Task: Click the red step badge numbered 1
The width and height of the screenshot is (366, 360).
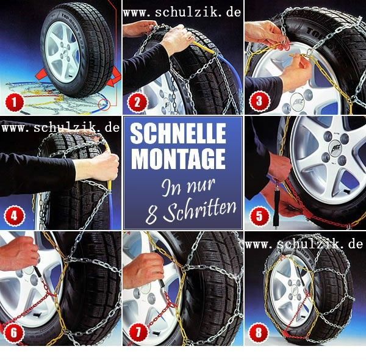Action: coord(15,102)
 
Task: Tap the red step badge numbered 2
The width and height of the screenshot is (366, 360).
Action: coord(138,102)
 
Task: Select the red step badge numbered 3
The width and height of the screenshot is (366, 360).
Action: coord(260,101)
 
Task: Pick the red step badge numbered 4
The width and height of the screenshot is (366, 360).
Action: coord(15,215)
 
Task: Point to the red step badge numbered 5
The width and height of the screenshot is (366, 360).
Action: coord(260,216)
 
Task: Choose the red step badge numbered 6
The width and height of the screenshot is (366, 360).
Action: coord(14,333)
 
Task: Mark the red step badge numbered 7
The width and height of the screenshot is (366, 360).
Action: coord(138,333)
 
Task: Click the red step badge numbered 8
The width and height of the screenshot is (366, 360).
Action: coord(259,333)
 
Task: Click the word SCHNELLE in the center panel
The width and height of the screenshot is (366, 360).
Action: coord(178,133)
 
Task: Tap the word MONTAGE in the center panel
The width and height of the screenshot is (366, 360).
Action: coord(178,159)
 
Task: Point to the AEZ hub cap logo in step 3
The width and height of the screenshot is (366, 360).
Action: coord(298,102)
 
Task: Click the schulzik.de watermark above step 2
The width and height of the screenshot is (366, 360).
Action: coord(182,12)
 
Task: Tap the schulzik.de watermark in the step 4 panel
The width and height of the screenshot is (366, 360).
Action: coord(60,128)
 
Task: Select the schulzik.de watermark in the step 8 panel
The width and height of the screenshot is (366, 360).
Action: coord(304,244)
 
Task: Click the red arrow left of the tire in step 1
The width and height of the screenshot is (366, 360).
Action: coord(41,74)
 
